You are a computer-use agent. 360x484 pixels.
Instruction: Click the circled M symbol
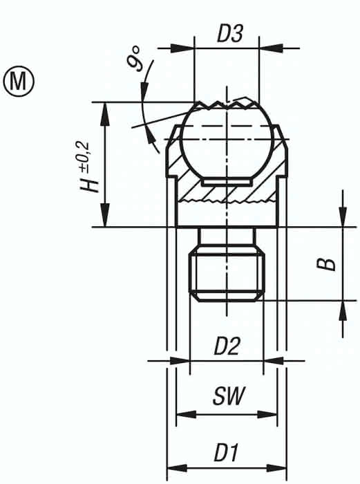click(19, 80)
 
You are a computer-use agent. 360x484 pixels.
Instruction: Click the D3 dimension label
click(229, 35)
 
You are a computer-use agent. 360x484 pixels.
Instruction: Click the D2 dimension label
click(226, 346)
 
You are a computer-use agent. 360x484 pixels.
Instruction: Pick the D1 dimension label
click(226, 453)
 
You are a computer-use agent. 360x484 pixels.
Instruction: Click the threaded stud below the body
click(227, 273)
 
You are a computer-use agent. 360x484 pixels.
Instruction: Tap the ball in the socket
click(227, 142)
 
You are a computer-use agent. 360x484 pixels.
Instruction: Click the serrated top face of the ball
click(227, 105)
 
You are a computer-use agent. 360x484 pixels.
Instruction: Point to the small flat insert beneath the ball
click(227, 181)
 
